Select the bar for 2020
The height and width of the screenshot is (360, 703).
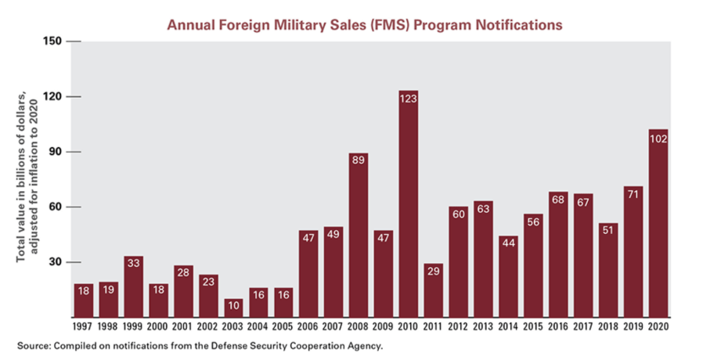tap(658, 227)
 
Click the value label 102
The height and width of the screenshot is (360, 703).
tap(658, 138)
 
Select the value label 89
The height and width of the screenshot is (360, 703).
tap(358, 161)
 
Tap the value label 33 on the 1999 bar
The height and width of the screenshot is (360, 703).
tap(133, 264)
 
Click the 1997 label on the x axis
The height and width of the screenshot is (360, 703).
tap(83, 326)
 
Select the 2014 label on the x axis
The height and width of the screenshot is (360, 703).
tap(508, 326)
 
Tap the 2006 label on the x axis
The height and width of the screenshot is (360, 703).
tap(308, 326)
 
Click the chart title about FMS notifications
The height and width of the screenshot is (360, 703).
tap(365, 24)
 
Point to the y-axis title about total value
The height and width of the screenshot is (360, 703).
tap(30, 178)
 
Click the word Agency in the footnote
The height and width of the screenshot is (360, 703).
tap(362, 345)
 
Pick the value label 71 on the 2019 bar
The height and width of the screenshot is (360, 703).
tap(633, 194)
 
